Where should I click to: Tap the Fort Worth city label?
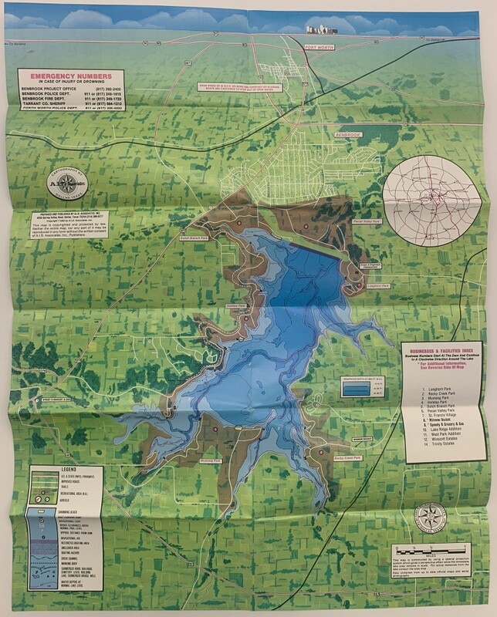(322, 47)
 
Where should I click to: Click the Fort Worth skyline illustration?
(321, 30)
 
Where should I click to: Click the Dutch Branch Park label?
(195, 239)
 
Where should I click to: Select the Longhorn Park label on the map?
(380, 286)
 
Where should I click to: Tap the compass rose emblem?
(429, 518)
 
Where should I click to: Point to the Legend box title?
(65, 471)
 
